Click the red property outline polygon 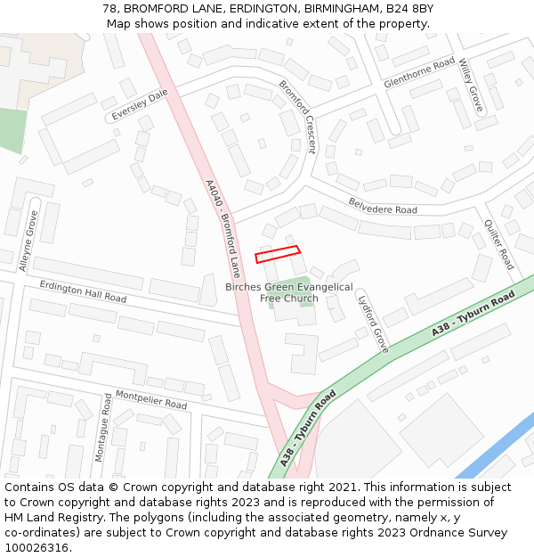tap(278, 254)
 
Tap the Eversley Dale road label tap(140, 105)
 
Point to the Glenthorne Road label tap(419, 74)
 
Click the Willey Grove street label tap(470, 85)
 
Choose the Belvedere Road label tap(382, 206)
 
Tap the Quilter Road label tap(499, 244)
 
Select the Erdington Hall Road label tap(83, 291)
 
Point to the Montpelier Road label tap(150, 398)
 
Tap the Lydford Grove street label tap(373, 323)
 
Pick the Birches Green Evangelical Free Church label tap(288, 292)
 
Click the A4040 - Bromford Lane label tap(223, 229)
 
